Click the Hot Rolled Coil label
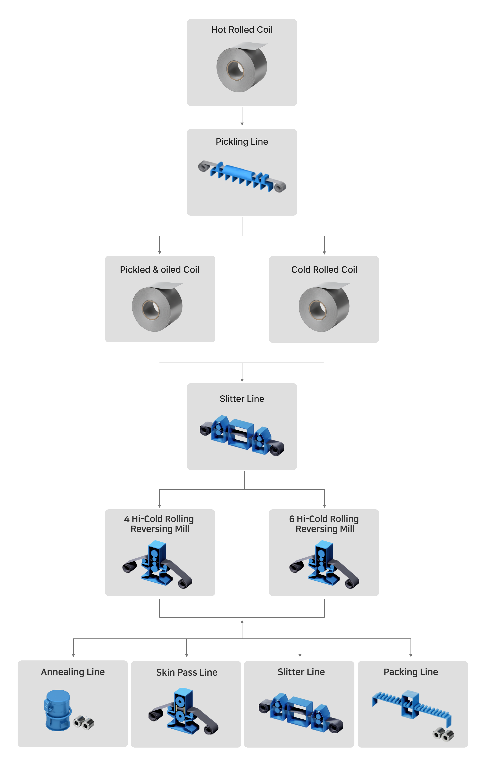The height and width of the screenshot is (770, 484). tap(242, 30)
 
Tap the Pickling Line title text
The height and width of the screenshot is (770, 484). tap(242, 142)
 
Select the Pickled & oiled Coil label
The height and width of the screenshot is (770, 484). tap(159, 269)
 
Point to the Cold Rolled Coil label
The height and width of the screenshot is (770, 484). tap(324, 269)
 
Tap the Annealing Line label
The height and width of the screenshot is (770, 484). tap(73, 672)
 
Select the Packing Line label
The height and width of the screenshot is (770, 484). tap(411, 672)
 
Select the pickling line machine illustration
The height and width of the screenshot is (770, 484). tap(242, 177)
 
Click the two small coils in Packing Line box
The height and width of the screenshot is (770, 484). tap(443, 734)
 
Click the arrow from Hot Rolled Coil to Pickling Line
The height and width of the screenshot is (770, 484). tap(242, 117)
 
